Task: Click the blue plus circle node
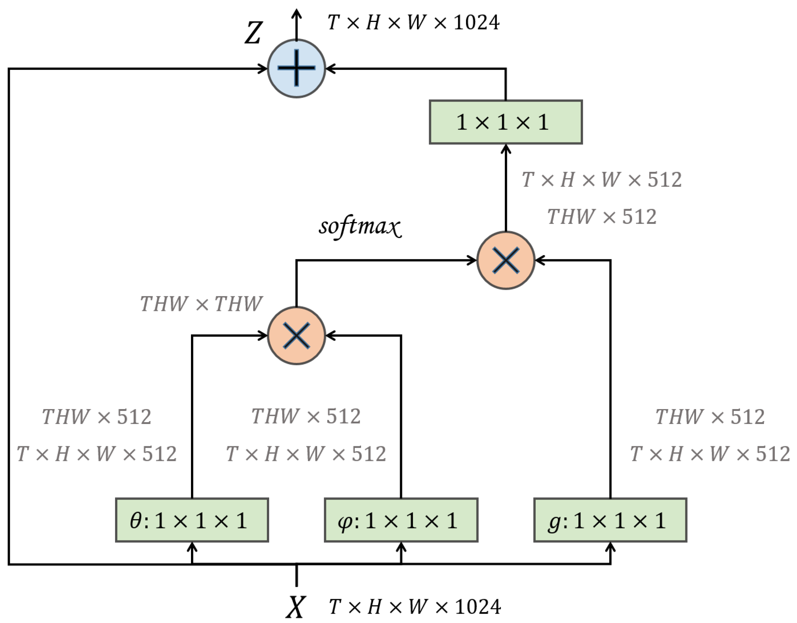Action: (x=296, y=68)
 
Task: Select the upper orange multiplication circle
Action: (x=506, y=260)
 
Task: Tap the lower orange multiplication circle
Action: (x=296, y=335)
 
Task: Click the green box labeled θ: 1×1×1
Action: (x=192, y=520)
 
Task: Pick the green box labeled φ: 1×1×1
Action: (x=401, y=520)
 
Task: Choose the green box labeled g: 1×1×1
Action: (x=610, y=520)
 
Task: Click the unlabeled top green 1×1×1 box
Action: (x=506, y=122)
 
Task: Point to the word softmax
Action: (x=360, y=226)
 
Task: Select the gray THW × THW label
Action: (x=201, y=304)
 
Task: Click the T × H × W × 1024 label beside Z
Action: (x=413, y=22)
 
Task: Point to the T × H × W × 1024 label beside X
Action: (x=415, y=607)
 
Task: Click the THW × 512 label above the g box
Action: (x=710, y=417)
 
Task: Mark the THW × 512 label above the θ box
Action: (x=97, y=417)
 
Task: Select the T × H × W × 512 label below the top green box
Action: (x=602, y=180)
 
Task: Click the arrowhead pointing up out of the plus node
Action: (x=296, y=14)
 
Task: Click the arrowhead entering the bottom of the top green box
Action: (x=506, y=149)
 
